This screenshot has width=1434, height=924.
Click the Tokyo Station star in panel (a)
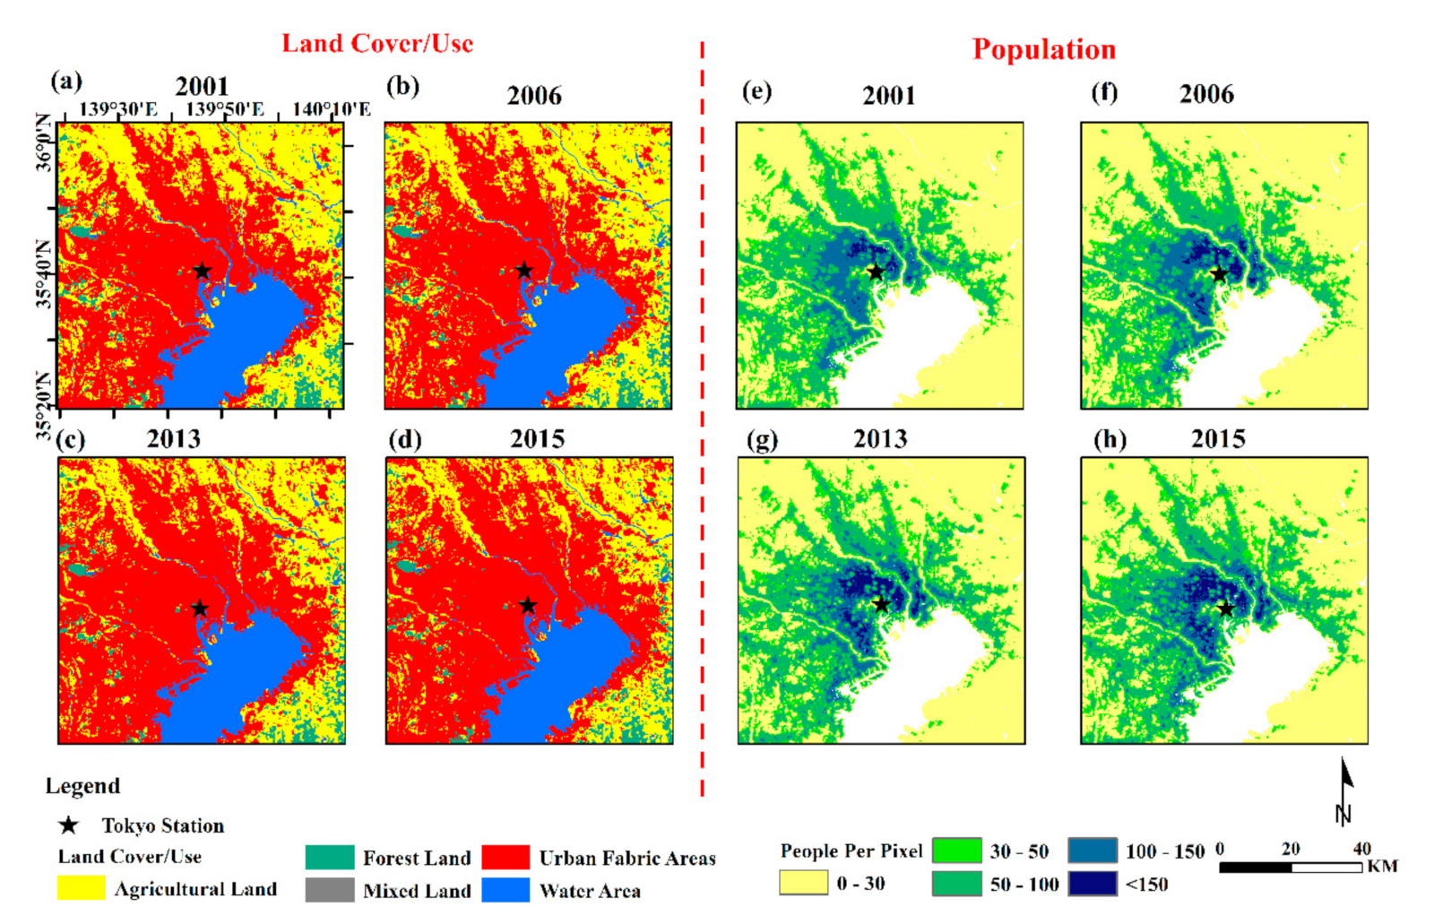click(202, 271)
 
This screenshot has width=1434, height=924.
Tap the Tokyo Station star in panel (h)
click(1225, 609)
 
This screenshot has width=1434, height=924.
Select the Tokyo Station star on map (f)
click(1219, 274)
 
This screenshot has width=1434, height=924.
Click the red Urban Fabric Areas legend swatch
click(505, 858)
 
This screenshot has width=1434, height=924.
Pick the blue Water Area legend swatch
click(505, 890)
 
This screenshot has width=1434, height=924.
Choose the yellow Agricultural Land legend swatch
click(81, 888)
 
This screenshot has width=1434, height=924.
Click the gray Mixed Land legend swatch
click(329, 890)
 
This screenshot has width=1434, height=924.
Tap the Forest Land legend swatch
click(329, 858)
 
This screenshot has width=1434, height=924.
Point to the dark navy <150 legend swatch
click(1093, 884)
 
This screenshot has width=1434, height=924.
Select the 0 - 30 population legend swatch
click(803, 883)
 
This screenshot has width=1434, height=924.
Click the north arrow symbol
click(1343, 789)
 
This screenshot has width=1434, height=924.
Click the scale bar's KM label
click(1382, 867)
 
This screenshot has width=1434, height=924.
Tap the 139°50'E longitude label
click(225, 109)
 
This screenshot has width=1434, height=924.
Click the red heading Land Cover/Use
click(377, 43)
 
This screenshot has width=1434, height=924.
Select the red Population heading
click(1044, 49)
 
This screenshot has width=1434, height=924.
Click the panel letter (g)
click(762, 440)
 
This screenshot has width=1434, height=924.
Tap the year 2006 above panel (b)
click(534, 95)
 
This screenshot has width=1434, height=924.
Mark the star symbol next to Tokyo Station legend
click(69, 825)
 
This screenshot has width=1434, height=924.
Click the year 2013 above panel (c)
click(174, 438)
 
